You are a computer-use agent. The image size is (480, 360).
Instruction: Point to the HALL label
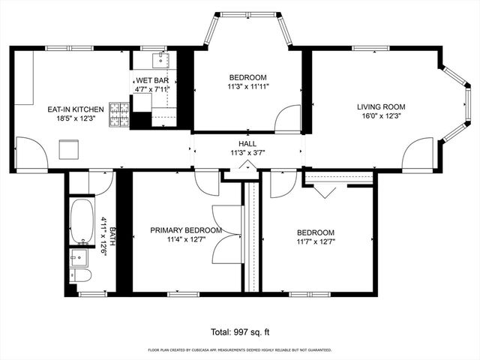coord(247,143)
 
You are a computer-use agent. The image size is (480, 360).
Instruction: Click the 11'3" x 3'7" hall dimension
coord(247,152)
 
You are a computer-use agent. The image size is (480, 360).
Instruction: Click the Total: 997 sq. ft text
coord(240,331)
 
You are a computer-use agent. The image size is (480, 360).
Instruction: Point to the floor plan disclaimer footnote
coord(240,349)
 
